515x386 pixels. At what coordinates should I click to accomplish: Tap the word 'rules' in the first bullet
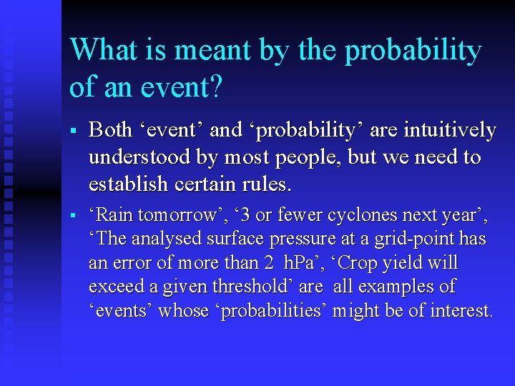[x=265, y=184]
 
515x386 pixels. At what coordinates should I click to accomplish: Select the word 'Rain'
[x=114, y=215]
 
